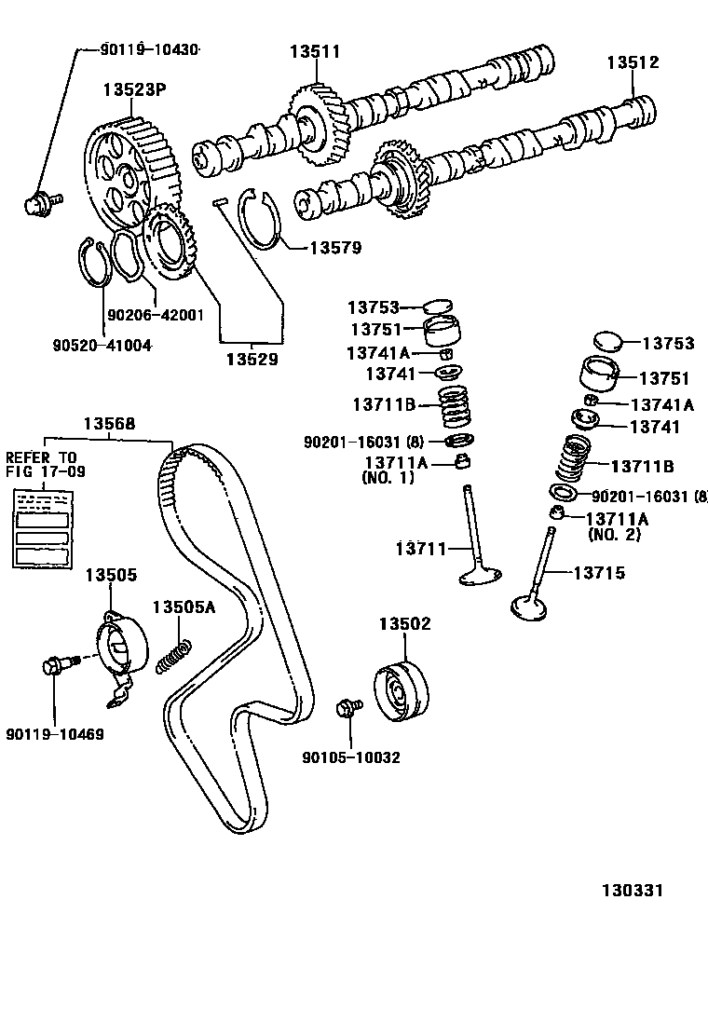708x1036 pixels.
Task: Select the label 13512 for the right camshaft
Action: pyautogui.click(x=633, y=62)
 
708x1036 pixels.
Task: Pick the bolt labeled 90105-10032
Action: pyautogui.click(x=350, y=709)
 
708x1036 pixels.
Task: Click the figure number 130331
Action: pyautogui.click(x=631, y=891)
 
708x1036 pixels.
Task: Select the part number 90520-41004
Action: pyautogui.click(x=102, y=345)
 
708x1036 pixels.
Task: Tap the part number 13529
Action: pyautogui.click(x=251, y=358)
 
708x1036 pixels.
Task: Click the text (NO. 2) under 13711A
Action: pyautogui.click(x=615, y=535)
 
